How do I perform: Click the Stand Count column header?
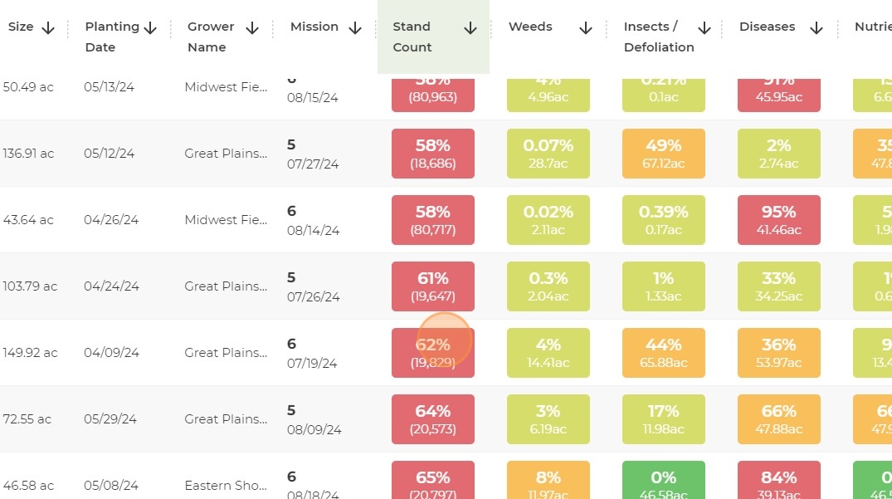pyautogui.click(x=412, y=37)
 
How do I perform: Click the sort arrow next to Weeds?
pyautogui.click(x=586, y=28)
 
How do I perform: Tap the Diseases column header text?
pyautogui.click(x=767, y=27)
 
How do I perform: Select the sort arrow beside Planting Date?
pyautogui.click(x=150, y=28)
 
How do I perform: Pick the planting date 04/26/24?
pyautogui.click(x=111, y=220)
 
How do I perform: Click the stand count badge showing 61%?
pyautogui.click(x=433, y=286)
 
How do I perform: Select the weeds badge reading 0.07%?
pyautogui.click(x=548, y=154)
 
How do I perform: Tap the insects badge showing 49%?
pyautogui.click(x=664, y=154)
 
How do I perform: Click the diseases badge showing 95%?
pyautogui.click(x=779, y=220)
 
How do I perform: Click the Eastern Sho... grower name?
pyautogui.click(x=226, y=486)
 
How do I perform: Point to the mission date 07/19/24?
pyautogui.click(x=312, y=363)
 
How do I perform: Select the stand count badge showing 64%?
pyautogui.click(x=433, y=419)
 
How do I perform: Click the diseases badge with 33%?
pyautogui.click(x=779, y=286)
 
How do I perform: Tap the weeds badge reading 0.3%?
pyautogui.click(x=548, y=286)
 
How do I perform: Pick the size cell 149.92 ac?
pyautogui.click(x=30, y=353)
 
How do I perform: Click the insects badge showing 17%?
pyautogui.click(x=664, y=419)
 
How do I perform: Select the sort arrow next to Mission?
pyautogui.click(x=355, y=28)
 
